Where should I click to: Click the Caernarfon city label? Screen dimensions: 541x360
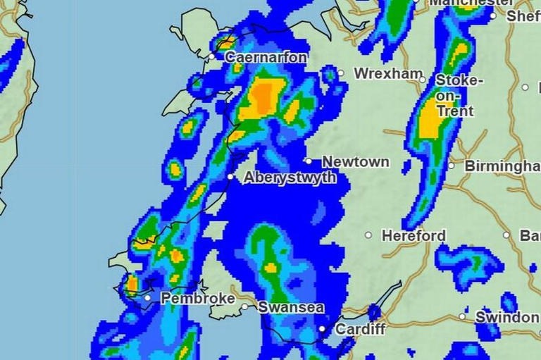(x=266, y=57)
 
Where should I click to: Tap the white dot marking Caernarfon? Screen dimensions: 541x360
(x=212, y=56)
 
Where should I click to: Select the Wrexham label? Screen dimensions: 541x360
(x=388, y=73)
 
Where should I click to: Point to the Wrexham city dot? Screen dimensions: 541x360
(x=340, y=73)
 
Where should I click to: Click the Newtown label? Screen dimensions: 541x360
(x=356, y=161)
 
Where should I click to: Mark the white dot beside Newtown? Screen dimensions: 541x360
(x=309, y=161)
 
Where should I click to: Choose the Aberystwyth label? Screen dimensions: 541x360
(x=290, y=178)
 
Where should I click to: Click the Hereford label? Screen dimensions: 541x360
(x=414, y=235)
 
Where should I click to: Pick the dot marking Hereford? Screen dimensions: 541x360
(x=368, y=235)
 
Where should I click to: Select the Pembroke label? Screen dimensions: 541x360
(x=198, y=299)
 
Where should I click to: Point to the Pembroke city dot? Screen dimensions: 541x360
(x=148, y=298)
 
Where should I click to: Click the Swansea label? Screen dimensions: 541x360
(x=291, y=307)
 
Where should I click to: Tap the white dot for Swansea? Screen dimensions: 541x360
(x=244, y=307)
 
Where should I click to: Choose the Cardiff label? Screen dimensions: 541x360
(x=361, y=329)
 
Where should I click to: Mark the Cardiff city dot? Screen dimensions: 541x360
(x=322, y=328)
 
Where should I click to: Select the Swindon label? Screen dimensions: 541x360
(x=506, y=317)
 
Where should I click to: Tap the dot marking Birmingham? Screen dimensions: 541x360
(x=452, y=166)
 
